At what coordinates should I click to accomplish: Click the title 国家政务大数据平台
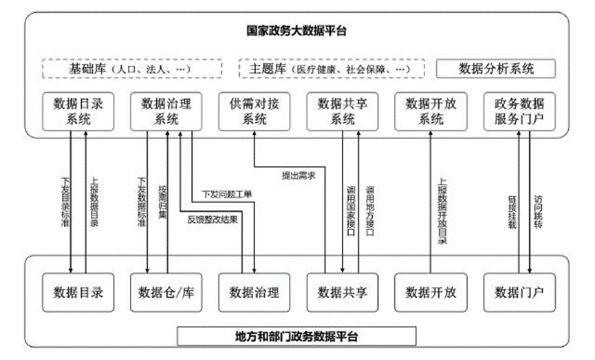(296, 31)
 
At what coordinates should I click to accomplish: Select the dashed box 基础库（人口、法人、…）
(133, 69)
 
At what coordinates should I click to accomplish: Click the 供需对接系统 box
(255, 111)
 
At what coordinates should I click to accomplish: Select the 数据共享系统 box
(343, 111)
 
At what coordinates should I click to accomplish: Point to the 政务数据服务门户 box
(519, 111)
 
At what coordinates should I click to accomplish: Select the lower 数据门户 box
(519, 292)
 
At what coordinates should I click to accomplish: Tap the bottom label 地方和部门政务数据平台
(296, 337)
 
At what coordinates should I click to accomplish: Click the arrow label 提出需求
(299, 176)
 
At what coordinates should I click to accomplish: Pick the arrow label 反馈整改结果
(213, 220)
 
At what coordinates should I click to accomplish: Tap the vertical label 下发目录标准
(64, 204)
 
